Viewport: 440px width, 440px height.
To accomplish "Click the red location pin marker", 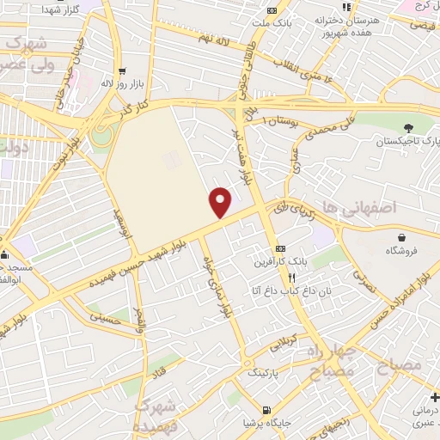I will pyautogui.click(x=222, y=203).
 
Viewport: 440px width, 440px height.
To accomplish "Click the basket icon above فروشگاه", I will pyautogui.click(x=402, y=237).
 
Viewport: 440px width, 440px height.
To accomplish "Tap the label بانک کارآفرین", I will pyautogui.click(x=285, y=260).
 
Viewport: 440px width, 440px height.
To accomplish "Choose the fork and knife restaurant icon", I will pyautogui.click(x=291, y=278).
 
